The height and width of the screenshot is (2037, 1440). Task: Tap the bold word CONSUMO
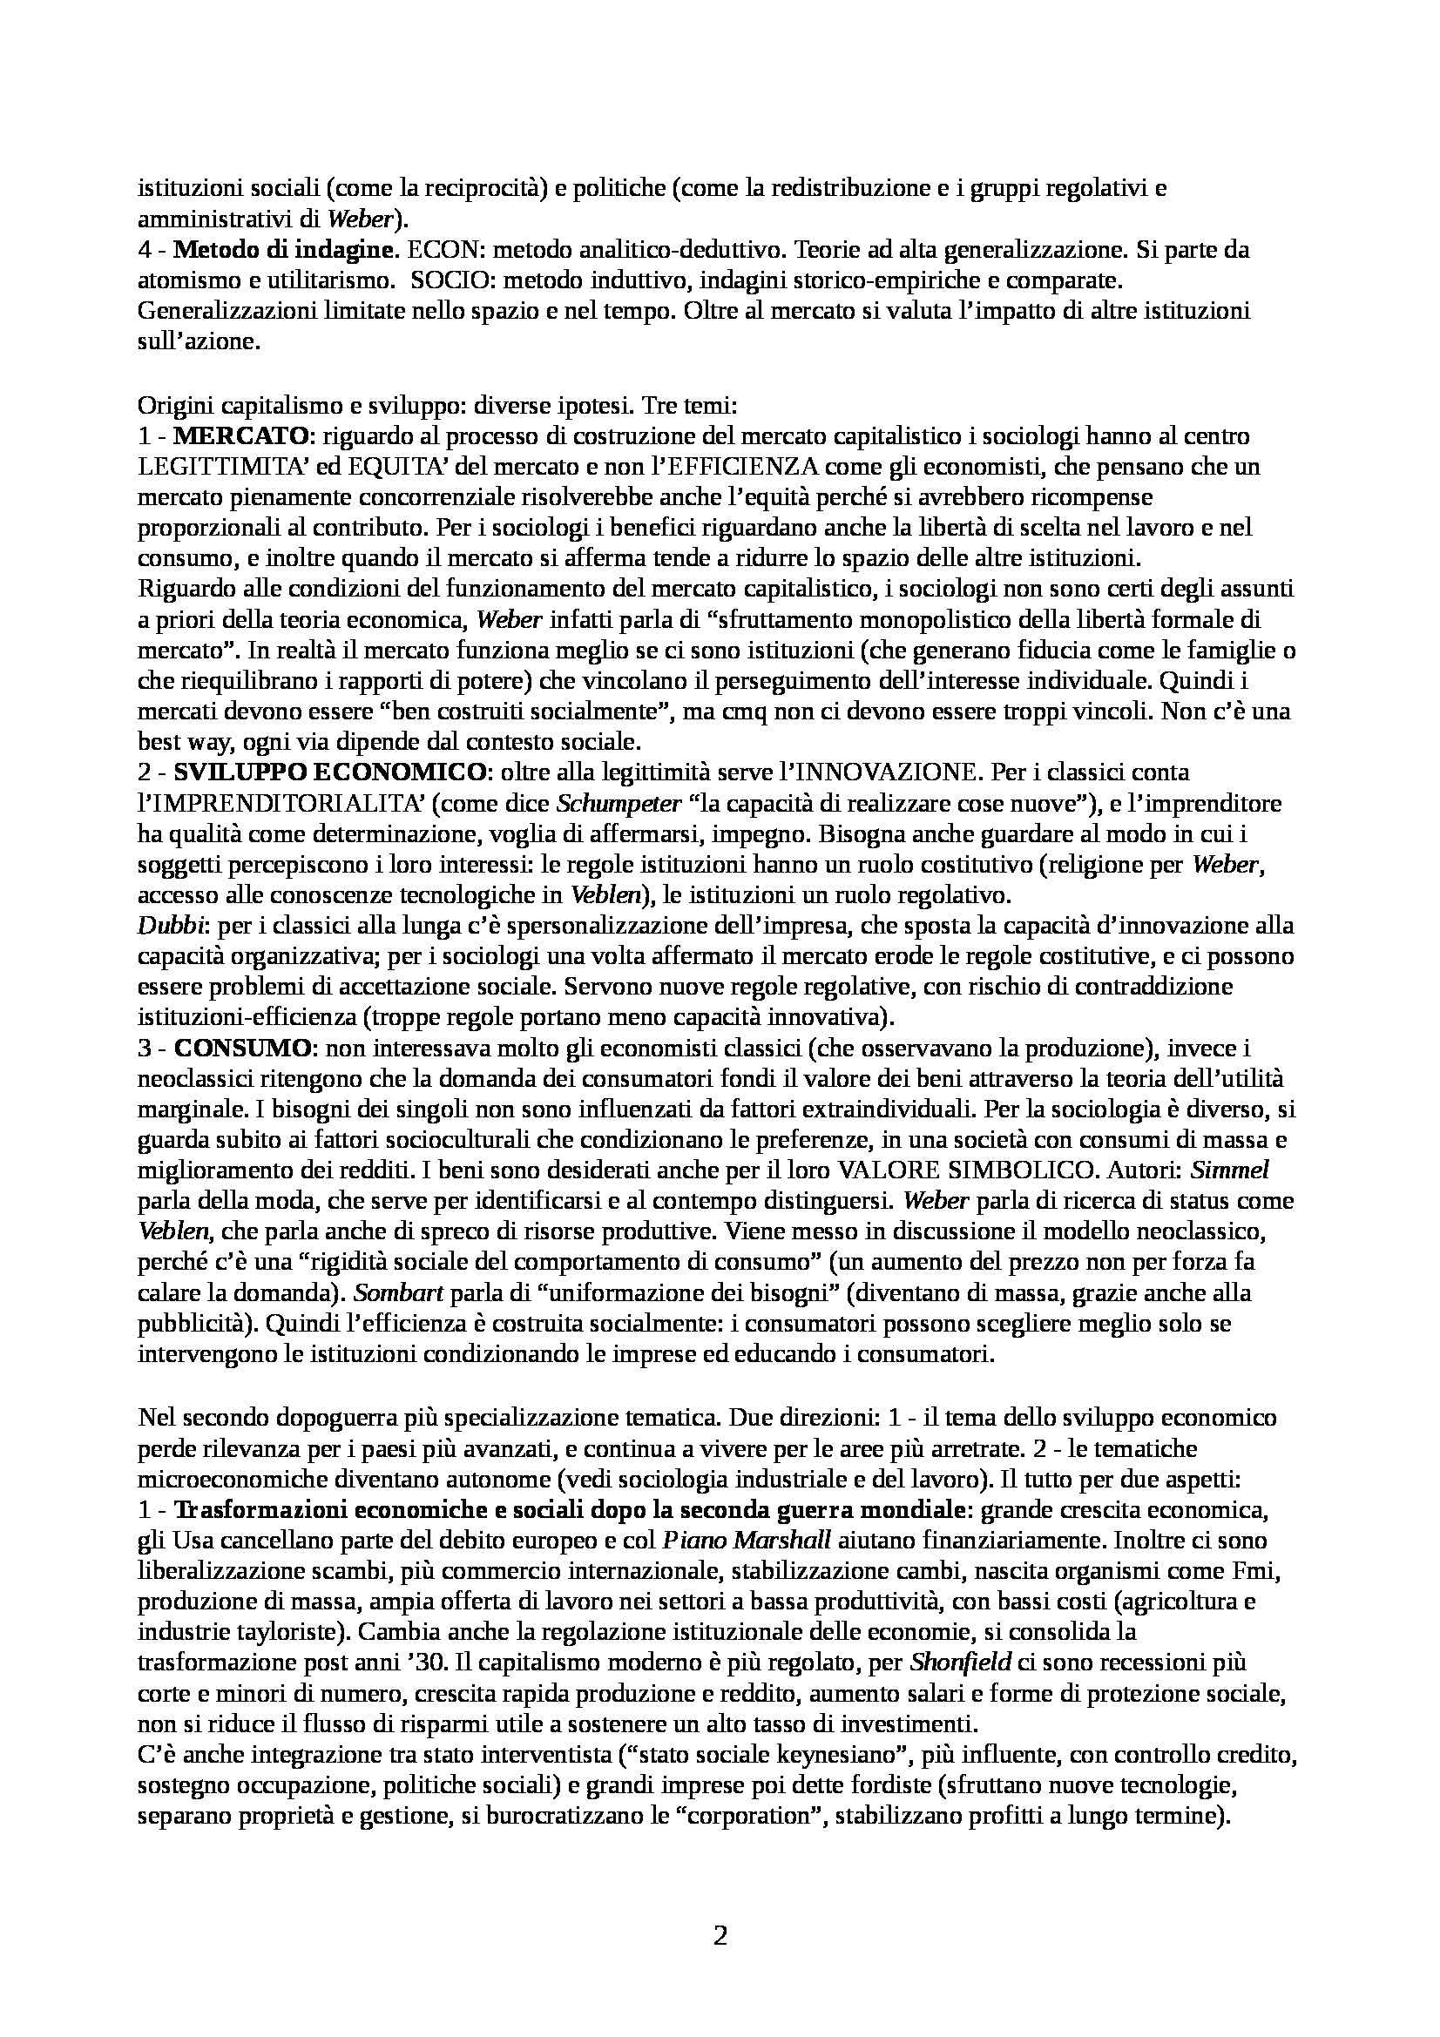tap(242, 1048)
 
